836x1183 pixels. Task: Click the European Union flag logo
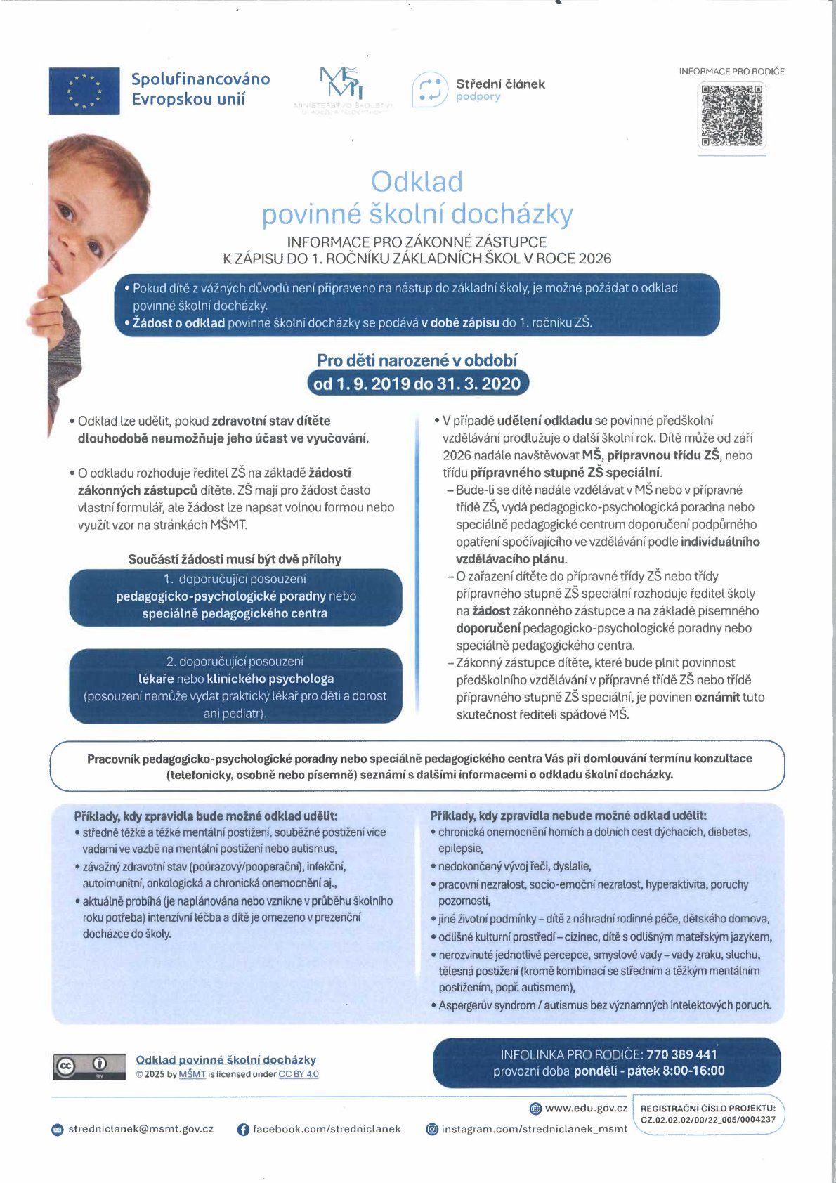coord(84,91)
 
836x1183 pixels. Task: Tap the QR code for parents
coord(731,115)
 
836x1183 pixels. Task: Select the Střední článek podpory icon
coord(429,90)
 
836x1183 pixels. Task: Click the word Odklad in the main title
coord(417,182)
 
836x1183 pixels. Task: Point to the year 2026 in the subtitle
coord(594,259)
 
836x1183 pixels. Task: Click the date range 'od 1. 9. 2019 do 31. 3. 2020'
coord(417,384)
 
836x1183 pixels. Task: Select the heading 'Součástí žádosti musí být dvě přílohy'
coord(235,559)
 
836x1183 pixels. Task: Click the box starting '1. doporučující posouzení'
coord(235,596)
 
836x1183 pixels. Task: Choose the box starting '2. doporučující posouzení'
coord(235,686)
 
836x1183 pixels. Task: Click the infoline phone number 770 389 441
coord(681,1054)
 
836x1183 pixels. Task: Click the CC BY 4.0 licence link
coord(299,1074)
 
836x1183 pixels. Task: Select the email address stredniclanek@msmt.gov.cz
coord(141,1129)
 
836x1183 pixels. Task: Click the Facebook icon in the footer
coord(243,1130)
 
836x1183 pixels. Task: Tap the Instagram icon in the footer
coord(433,1130)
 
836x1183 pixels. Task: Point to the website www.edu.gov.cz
coord(586,1108)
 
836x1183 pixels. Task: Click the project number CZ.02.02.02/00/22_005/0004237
coord(708,1120)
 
